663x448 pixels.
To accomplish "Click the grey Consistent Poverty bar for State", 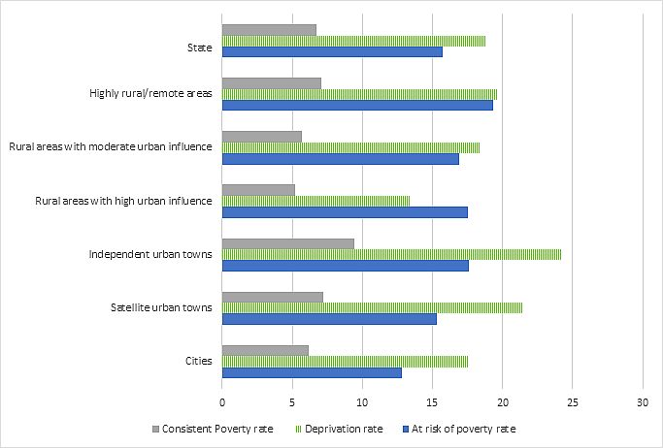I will tap(269, 30).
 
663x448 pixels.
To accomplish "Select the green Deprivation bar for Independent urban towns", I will tap(391, 254).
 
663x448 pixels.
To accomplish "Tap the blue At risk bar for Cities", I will tap(312, 372).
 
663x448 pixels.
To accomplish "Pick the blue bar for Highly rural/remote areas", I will tap(357, 105).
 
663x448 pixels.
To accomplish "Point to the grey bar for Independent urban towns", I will tap(288, 243).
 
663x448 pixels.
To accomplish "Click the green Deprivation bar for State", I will tap(353, 41).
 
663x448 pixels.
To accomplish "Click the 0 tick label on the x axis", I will tap(222, 400).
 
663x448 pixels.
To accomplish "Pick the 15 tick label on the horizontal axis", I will tap(432, 400).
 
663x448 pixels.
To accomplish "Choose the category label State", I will tap(201, 46).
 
